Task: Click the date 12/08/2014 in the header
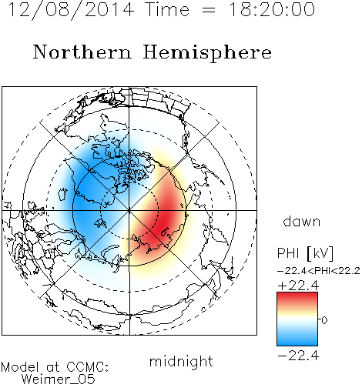[71, 10]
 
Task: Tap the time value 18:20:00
[272, 9]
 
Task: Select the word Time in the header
[167, 9]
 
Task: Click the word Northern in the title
[82, 52]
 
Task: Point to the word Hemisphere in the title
[207, 53]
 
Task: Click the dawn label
[302, 221]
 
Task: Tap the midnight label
[181, 361]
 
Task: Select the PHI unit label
[305, 253]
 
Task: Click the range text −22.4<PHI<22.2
[319, 271]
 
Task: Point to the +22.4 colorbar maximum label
[298, 286]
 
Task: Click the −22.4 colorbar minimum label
[298, 356]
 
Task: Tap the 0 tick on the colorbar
[324, 320]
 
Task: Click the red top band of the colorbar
[297, 297]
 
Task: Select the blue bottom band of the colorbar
[297, 341]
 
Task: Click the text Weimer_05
[59, 379]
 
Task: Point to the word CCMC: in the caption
[88, 367]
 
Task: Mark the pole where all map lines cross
[129, 210]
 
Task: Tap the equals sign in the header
[209, 10]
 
